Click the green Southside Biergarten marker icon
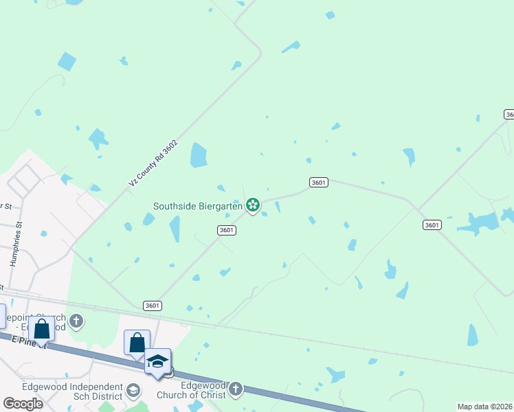(253, 204)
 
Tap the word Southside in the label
(175, 205)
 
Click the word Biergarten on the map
(221, 205)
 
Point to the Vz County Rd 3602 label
(153, 163)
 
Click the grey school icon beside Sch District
(133, 391)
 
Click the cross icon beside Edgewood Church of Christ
(235, 389)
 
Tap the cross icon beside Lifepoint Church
(76, 321)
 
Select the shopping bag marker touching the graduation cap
(137, 341)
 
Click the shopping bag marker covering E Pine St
(41, 328)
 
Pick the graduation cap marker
(157, 360)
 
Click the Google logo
(23, 404)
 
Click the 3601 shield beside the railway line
(153, 306)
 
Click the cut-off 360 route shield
(509, 114)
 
